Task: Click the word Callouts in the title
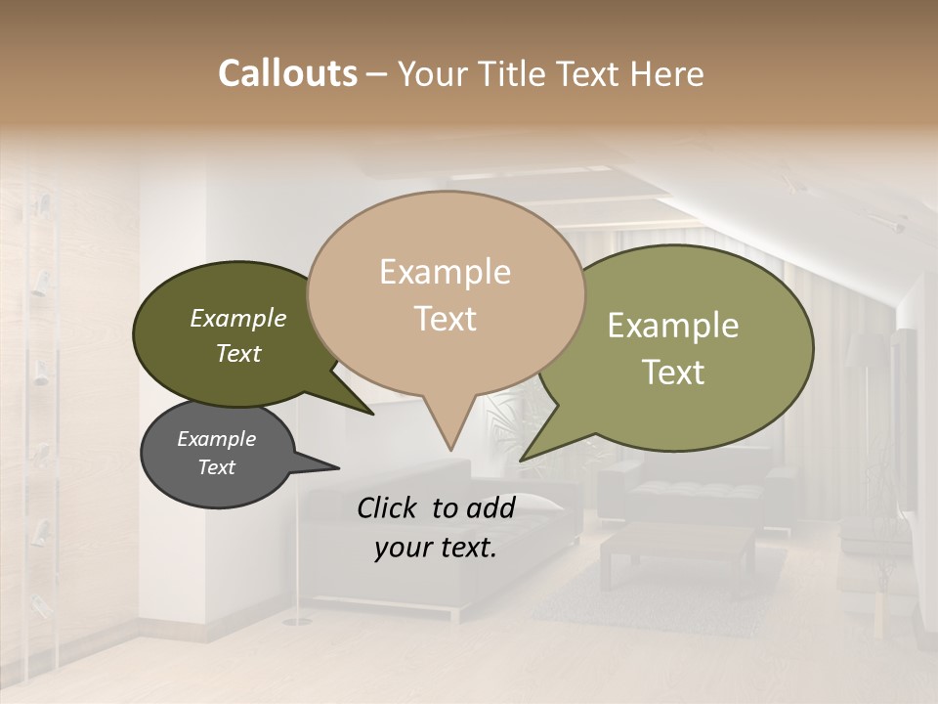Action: (287, 73)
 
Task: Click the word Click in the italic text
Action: (388, 506)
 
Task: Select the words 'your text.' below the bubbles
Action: (435, 549)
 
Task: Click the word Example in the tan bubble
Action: (445, 272)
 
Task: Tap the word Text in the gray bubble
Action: (217, 467)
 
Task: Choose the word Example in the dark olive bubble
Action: (238, 319)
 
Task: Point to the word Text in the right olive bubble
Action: (673, 373)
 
